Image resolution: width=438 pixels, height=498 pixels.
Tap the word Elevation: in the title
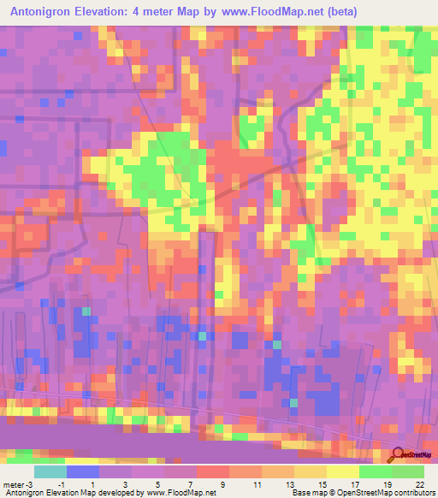(x=121, y=11)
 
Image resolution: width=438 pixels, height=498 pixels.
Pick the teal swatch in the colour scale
(x=50, y=471)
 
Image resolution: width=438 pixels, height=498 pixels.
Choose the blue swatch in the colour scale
(x=83, y=471)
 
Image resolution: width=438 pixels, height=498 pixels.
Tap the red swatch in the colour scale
(x=213, y=471)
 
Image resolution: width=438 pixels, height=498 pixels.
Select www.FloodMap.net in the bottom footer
(x=180, y=492)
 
